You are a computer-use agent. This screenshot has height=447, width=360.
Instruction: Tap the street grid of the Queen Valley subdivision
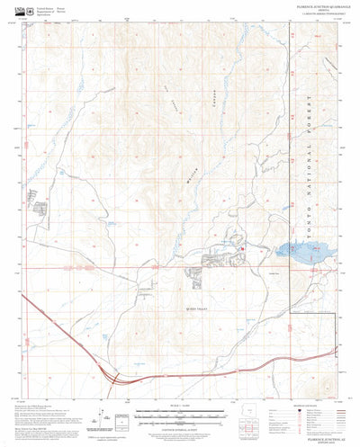(x=220, y=260)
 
